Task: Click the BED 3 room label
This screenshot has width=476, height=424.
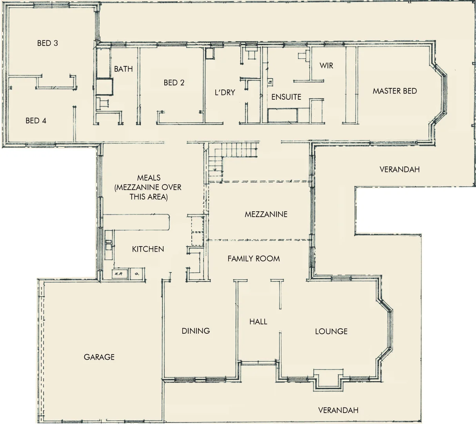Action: coord(47,43)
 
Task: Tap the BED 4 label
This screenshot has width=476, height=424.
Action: coord(36,121)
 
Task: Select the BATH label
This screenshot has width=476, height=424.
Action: coord(124,69)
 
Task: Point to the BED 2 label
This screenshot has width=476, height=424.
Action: coord(174,83)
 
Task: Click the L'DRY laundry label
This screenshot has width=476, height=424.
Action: coord(225,93)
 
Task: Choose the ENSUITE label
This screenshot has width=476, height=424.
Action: coord(286,97)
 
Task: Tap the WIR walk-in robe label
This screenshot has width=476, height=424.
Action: coord(326,66)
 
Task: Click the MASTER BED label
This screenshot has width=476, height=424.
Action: coord(394,91)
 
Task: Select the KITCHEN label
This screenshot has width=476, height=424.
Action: coord(148,249)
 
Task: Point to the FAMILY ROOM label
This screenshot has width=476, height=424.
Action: coord(254,259)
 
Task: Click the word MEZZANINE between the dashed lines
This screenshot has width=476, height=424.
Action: coord(266,214)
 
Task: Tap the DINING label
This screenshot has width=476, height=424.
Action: coord(196,331)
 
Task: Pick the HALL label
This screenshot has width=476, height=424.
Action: coord(258,322)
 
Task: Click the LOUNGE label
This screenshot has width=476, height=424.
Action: coord(331,332)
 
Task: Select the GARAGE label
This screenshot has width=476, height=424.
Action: coord(99,357)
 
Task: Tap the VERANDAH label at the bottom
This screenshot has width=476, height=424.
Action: coord(338,411)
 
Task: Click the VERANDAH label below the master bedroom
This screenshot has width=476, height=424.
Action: coord(400,170)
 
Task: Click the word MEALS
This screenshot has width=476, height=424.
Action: coord(149,178)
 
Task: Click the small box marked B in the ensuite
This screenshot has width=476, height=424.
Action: coord(270,82)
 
